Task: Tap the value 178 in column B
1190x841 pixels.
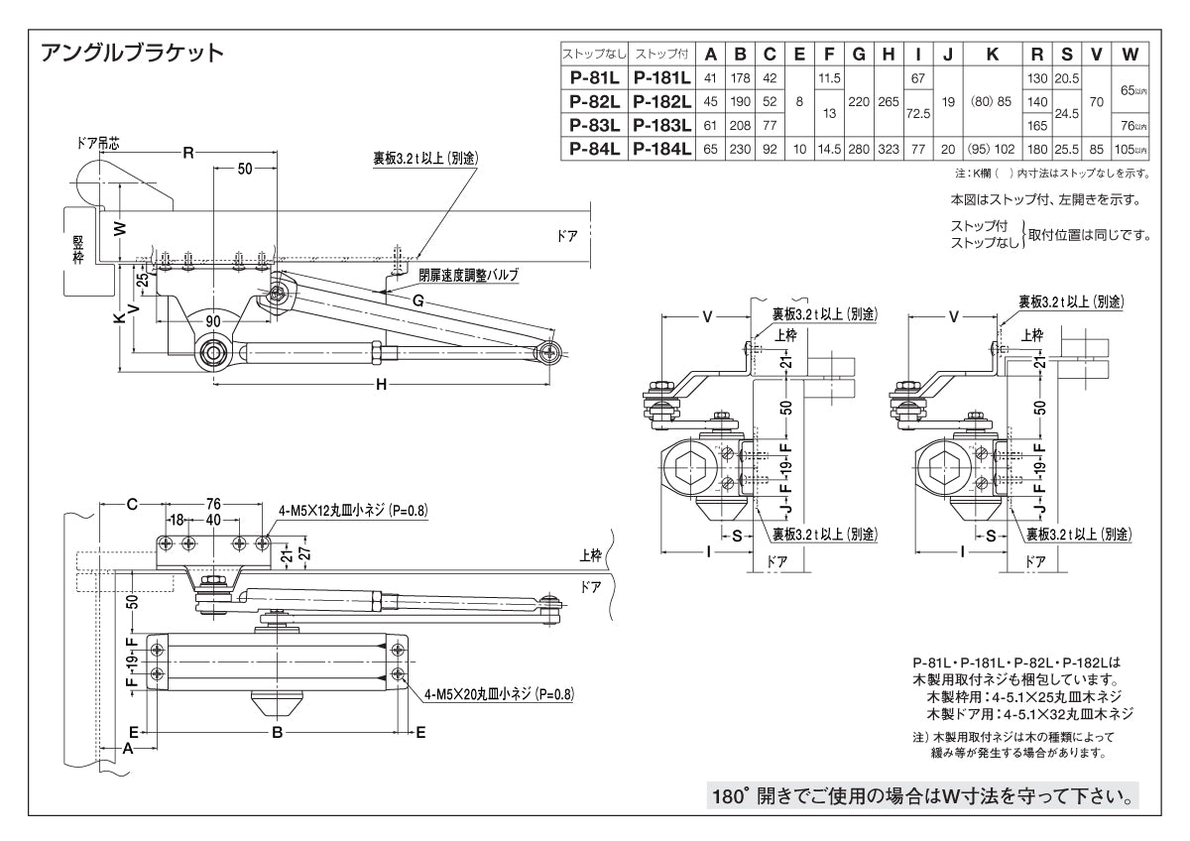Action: pyautogui.click(x=740, y=78)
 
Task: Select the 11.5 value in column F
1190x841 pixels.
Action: pyautogui.click(x=830, y=78)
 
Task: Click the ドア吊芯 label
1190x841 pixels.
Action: pyautogui.click(x=97, y=143)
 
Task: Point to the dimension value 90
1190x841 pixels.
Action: pyautogui.click(x=213, y=320)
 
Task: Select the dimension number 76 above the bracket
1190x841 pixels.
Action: pyautogui.click(x=213, y=504)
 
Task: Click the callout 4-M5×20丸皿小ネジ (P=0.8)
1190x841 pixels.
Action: pyautogui.click(x=499, y=695)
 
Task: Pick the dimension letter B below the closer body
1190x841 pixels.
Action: pyautogui.click(x=278, y=732)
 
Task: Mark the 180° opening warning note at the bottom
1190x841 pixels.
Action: pyautogui.click(x=922, y=795)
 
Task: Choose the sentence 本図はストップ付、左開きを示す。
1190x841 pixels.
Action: pyautogui.click(x=1044, y=199)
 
